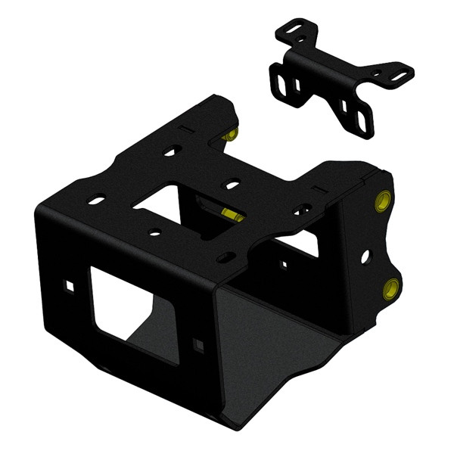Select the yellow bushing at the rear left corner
coord(232,135)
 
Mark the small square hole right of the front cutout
coord(198,345)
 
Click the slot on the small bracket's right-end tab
coord(396,76)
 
